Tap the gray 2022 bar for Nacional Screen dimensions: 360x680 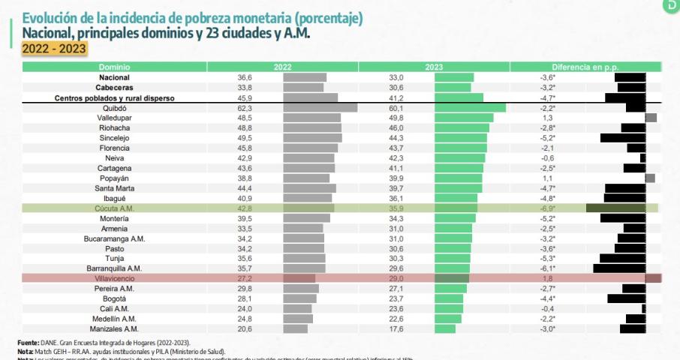[x=305, y=77]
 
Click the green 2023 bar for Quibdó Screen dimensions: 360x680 [x=470, y=108]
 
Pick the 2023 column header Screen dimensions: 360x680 [x=435, y=67]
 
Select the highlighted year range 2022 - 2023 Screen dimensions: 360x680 [x=54, y=49]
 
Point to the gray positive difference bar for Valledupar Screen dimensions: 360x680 [x=651, y=118]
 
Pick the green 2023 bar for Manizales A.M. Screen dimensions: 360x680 [x=445, y=328]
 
